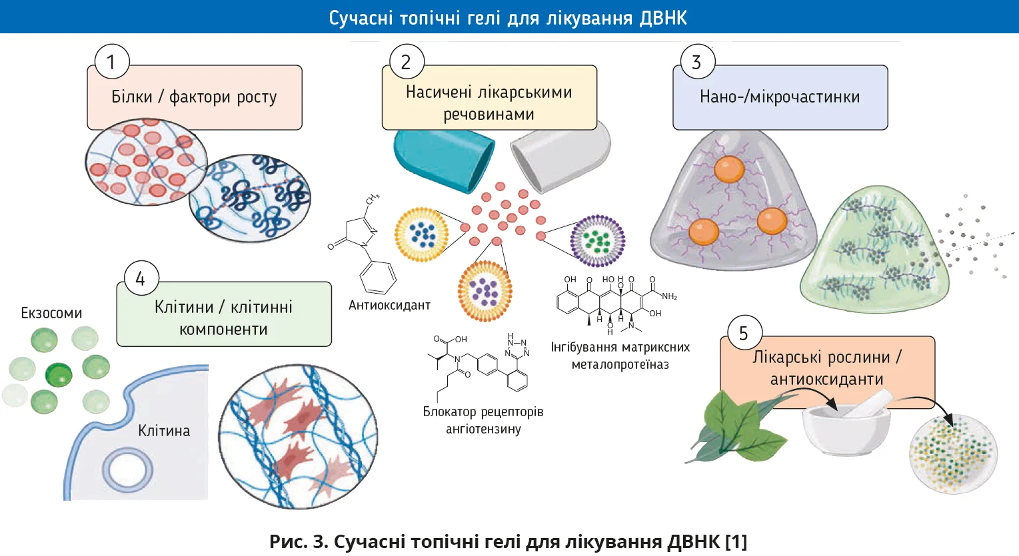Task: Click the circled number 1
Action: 111,62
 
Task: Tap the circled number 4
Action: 141,278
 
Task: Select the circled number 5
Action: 744,333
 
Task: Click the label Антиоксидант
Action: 389,306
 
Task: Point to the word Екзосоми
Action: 51,313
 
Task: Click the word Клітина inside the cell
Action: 164,431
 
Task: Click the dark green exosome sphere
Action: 58,375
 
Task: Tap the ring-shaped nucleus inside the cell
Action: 127,469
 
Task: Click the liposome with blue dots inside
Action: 422,234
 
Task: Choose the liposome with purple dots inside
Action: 485,291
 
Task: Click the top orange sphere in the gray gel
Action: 729,168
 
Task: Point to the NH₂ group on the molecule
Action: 668,296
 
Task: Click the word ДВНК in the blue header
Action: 662,17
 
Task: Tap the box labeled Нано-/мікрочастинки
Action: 780,97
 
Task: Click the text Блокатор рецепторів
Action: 483,412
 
